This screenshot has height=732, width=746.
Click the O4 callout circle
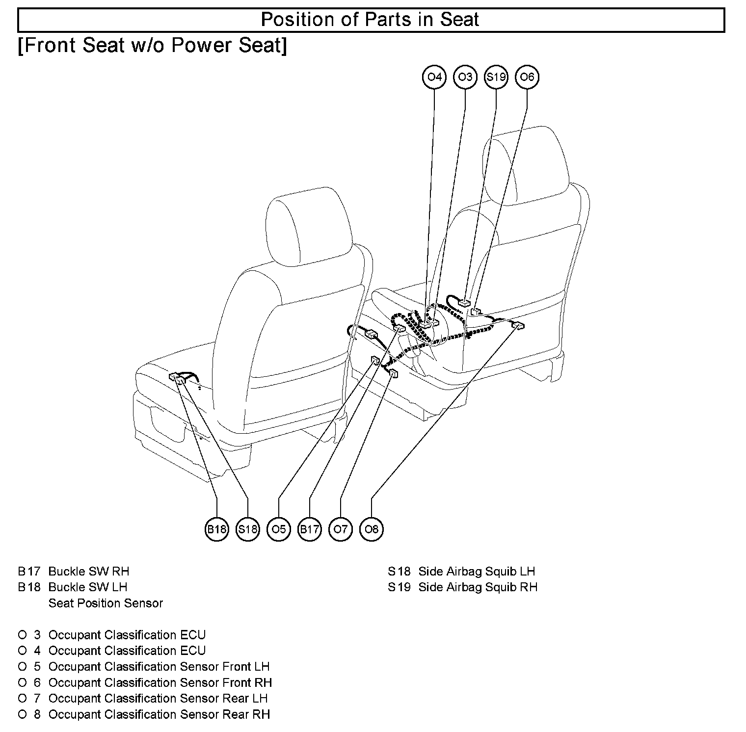tap(434, 77)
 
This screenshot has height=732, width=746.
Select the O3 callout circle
tap(465, 77)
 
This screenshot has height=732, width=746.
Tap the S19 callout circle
tap(496, 77)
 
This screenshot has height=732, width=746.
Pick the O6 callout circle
tap(527, 77)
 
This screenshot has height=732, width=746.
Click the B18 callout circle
tap(216, 529)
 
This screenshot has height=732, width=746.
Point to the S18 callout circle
tap(247, 529)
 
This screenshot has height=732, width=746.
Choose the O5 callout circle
tap(278, 529)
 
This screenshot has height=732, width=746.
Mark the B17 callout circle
tap(309, 529)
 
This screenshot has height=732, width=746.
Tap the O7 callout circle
tap(340, 529)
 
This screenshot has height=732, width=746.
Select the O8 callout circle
tap(372, 529)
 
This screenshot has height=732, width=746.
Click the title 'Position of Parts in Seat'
tap(370, 20)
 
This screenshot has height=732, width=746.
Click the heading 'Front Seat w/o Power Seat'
tap(152, 46)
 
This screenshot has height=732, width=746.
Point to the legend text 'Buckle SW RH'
tap(89, 571)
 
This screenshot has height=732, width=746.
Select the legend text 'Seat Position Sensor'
tap(106, 603)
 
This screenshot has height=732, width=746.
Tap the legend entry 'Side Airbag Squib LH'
tap(477, 571)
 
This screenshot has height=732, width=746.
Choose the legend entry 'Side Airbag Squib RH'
tap(478, 587)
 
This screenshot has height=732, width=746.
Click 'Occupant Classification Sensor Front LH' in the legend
tap(159, 667)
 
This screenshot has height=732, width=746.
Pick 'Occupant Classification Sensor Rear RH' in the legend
tap(159, 714)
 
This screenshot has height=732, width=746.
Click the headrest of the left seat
tap(308, 226)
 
